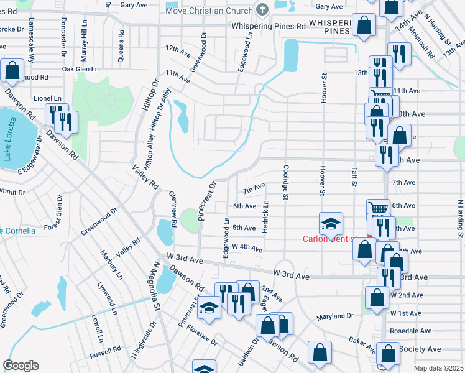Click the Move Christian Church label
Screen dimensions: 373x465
pyautogui.click(x=208, y=10)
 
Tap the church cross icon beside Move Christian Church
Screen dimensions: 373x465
pyautogui.click(x=262, y=10)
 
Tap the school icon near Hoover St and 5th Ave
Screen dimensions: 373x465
pyautogui.click(x=331, y=223)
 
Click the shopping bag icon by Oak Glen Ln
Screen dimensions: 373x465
pyautogui.click(x=12, y=71)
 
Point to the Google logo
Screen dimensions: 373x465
pyautogui.click(x=21, y=366)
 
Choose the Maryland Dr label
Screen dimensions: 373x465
pyautogui.click(x=334, y=316)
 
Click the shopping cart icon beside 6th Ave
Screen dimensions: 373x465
pyautogui.click(x=377, y=208)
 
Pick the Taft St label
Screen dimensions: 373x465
pyautogui.click(x=354, y=175)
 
